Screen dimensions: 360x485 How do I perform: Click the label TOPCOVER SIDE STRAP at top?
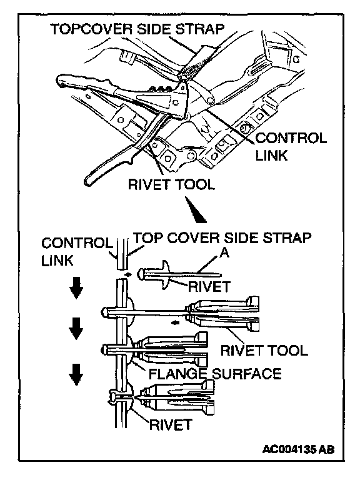pos(137,29)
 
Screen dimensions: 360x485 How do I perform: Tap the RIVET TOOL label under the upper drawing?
pos(171,184)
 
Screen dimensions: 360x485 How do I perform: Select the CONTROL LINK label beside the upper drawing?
pos(291,147)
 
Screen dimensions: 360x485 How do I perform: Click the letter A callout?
pos(224,253)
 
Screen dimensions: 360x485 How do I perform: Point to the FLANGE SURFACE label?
pos(215,374)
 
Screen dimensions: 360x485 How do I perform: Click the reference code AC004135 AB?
pos(298,449)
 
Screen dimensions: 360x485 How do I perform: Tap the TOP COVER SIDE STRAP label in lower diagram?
pos(222,238)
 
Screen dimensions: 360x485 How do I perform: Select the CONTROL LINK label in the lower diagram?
pos(76,251)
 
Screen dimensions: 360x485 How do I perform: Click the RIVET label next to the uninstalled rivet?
pos(209,287)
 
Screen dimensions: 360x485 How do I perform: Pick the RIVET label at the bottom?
pos(171,424)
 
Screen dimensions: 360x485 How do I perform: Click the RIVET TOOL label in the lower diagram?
pos(264,351)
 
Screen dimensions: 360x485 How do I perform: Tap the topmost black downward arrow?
pos(76,288)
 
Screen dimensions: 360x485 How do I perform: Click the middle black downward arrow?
pos(76,328)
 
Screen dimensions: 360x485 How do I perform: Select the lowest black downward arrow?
pos(76,374)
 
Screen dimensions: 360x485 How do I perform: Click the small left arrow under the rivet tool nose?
pos(176,323)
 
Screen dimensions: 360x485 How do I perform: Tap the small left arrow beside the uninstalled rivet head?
pos(127,274)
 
